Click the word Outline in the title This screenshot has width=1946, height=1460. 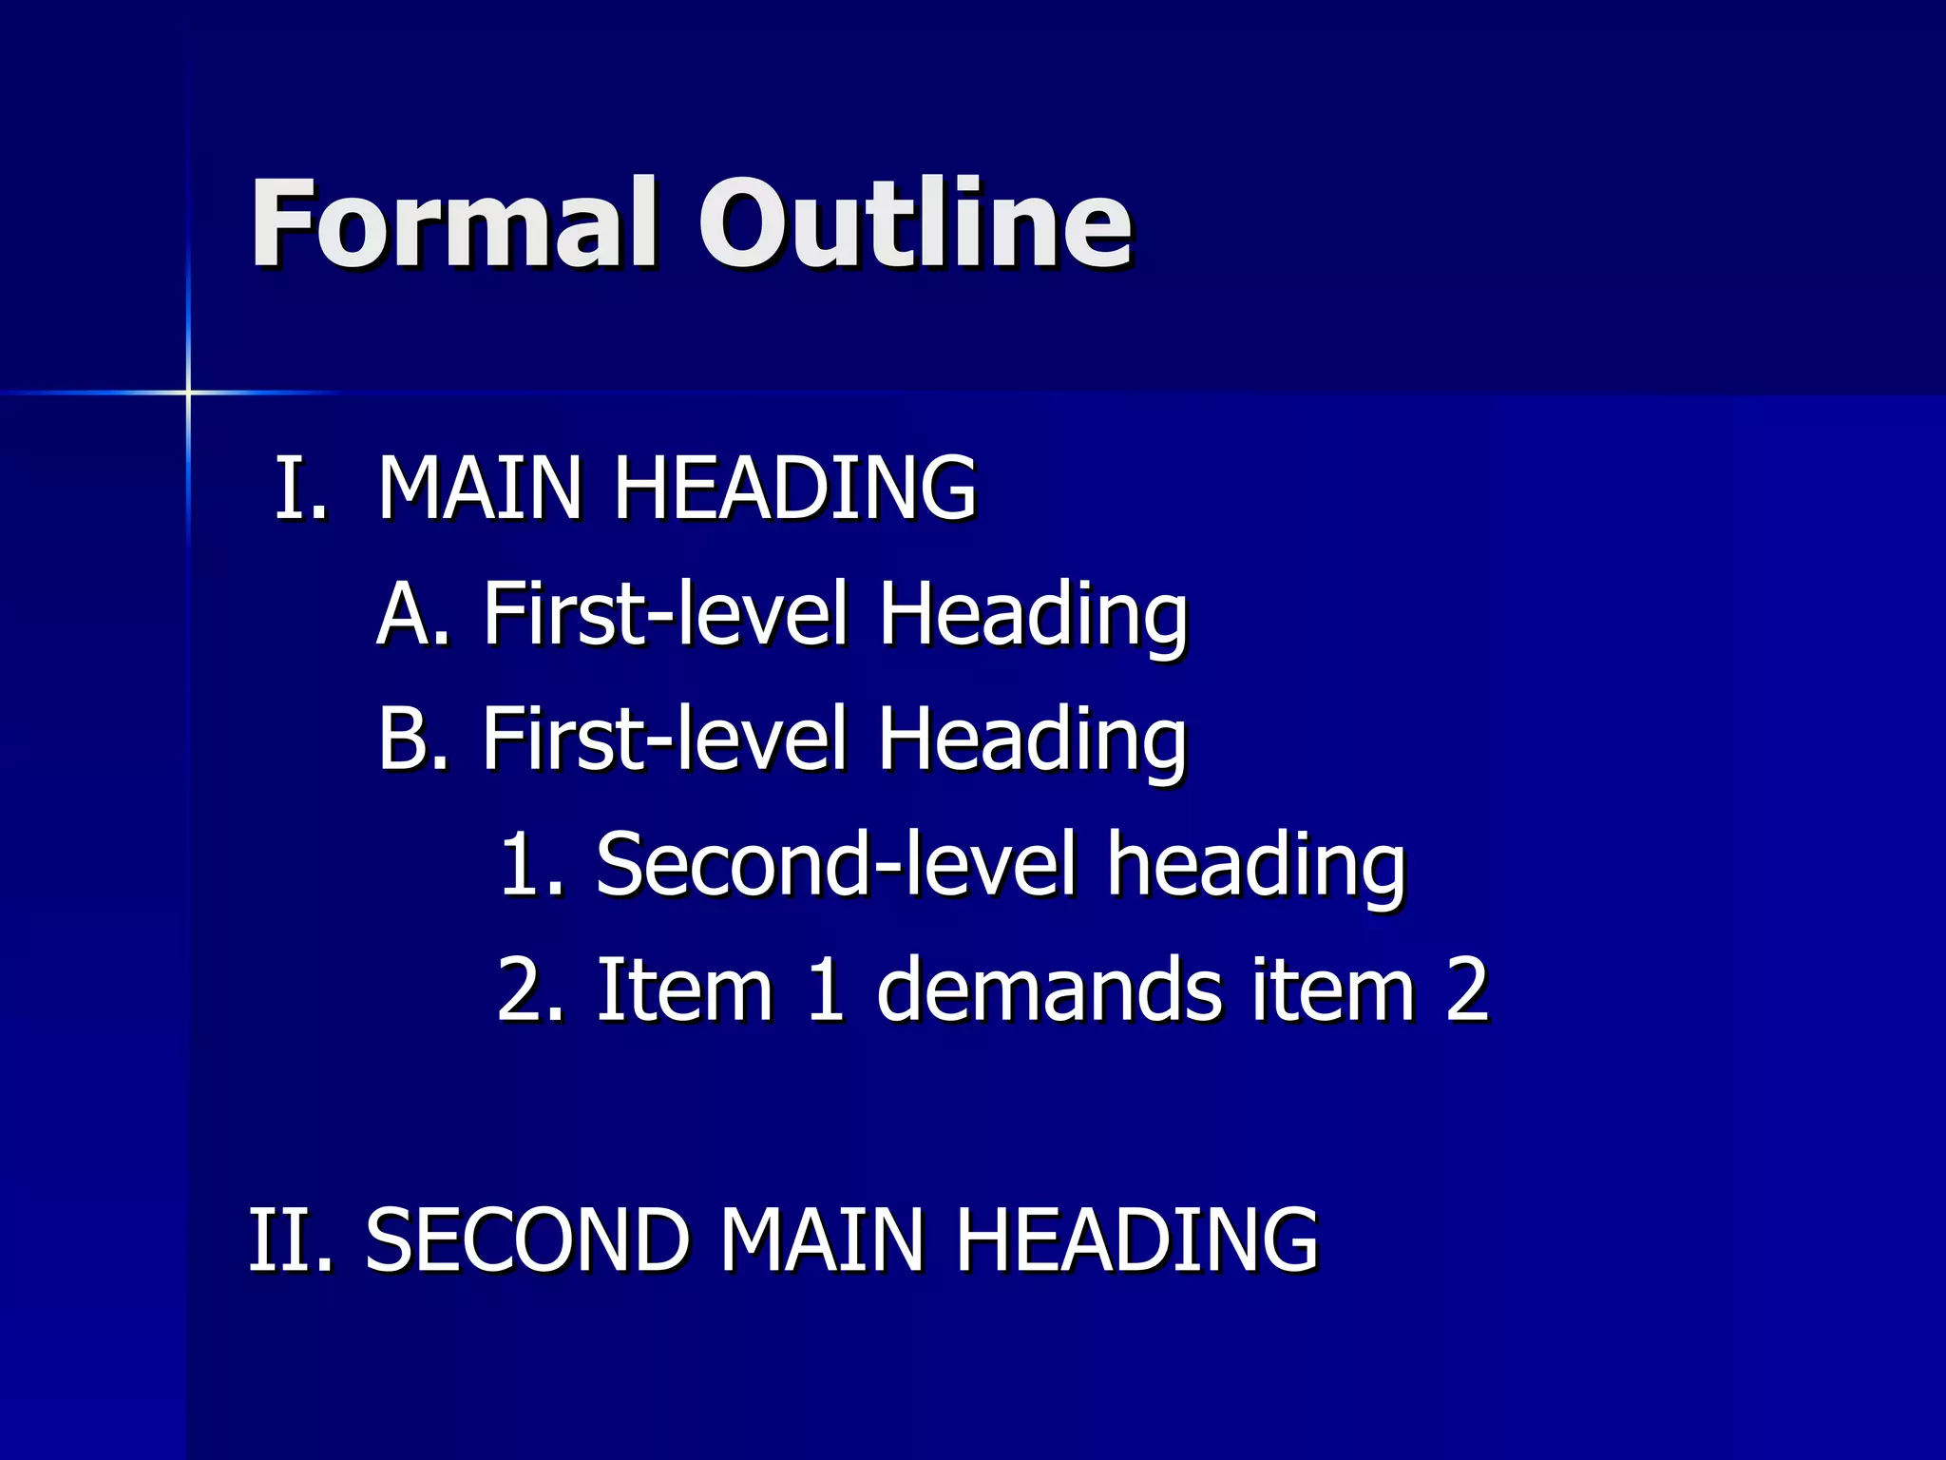(x=915, y=223)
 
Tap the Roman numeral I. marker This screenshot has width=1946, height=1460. (x=300, y=488)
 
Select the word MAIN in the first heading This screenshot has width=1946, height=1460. (x=480, y=488)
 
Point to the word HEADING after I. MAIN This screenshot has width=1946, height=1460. (x=795, y=488)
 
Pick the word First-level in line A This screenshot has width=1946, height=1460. (x=665, y=614)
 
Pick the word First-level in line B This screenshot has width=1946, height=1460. (x=665, y=739)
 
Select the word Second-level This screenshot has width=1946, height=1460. (x=837, y=864)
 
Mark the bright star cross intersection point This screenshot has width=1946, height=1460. (x=188, y=392)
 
